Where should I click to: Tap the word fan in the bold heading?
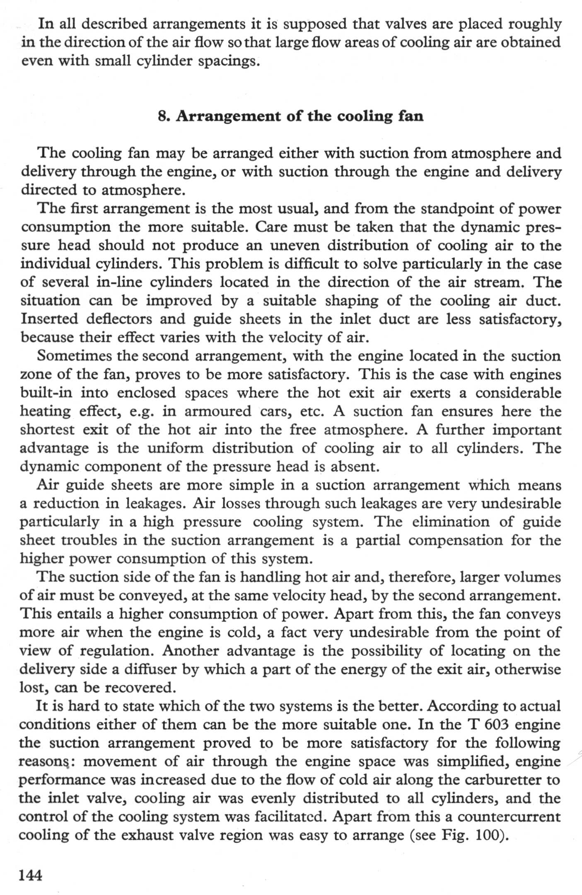pyautogui.click(x=411, y=116)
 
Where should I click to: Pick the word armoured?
pyautogui.click(x=218, y=411)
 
